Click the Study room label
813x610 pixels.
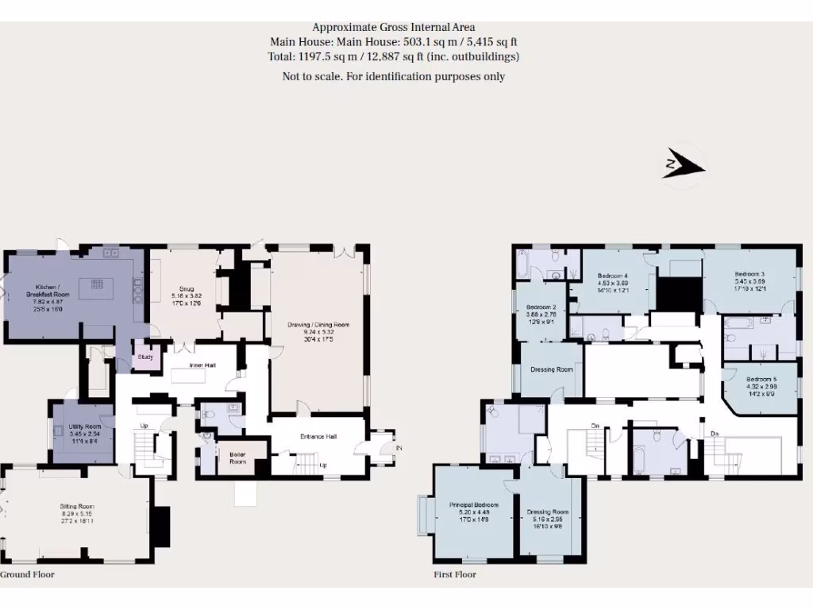pos(145,357)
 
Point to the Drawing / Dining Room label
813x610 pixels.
pos(318,325)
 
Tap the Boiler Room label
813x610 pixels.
pos(237,458)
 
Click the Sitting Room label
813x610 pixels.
pos(77,505)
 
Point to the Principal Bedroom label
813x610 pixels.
pos(473,505)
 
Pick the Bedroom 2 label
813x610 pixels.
pos(540,307)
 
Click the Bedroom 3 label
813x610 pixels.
pos(750,274)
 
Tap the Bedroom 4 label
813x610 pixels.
pos(612,276)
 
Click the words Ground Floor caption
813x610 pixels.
pos(28,574)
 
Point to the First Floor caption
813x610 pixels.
pos(455,574)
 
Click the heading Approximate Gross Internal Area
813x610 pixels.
pos(394,27)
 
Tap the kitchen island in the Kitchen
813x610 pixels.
pos(98,283)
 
